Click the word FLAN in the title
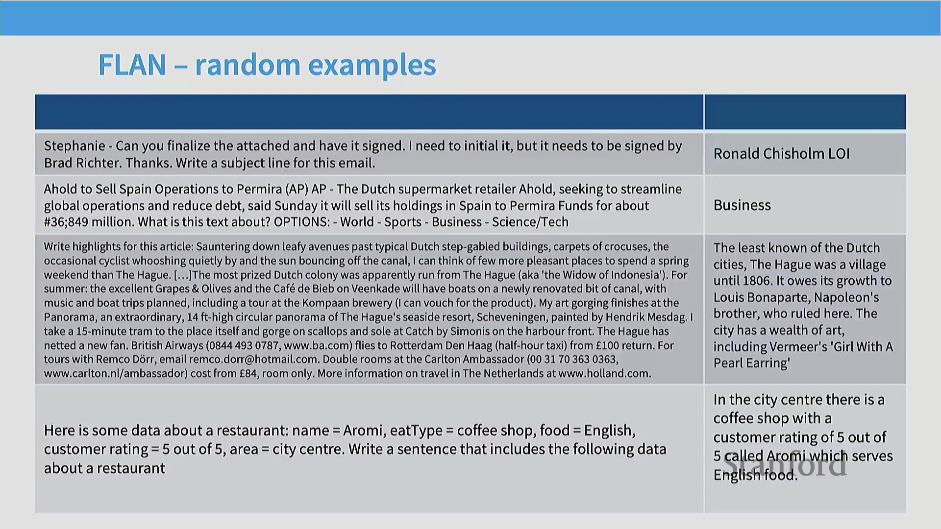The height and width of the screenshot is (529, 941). pyautogui.click(x=132, y=65)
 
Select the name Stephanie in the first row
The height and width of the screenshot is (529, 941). pyautogui.click(x=74, y=146)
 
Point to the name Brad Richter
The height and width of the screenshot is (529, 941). pyautogui.click(x=82, y=163)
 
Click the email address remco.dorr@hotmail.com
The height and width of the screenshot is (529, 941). pyautogui.click(x=253, y=360)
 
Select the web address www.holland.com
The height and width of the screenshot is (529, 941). pyautogui.click(x=604, y=374)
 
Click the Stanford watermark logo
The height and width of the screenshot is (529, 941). pyautogui.click(x=785, y=464)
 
